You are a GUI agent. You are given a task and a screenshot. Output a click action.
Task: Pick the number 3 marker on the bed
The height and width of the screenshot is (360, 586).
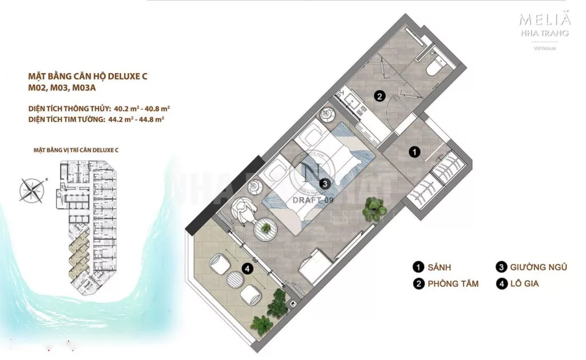pos(324,184)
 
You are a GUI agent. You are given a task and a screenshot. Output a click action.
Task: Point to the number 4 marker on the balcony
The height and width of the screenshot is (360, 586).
pos(247,267)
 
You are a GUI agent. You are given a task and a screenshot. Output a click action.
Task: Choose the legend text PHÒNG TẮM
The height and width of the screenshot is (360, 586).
pos(453,283)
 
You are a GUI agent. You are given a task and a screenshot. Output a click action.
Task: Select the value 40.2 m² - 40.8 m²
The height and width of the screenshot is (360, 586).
pos(143,108)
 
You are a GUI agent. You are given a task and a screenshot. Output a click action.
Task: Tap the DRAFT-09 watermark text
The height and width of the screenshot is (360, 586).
pos(312,200)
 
